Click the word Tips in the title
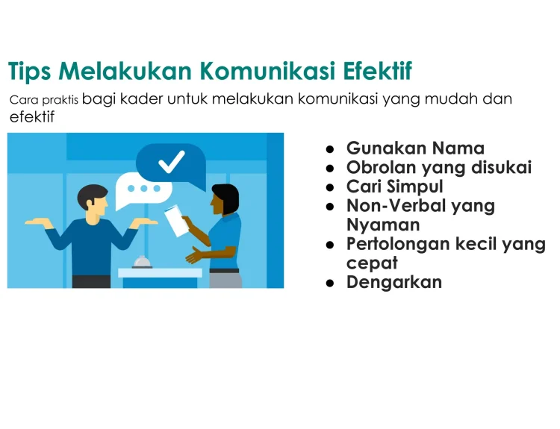29,71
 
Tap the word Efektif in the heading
378,71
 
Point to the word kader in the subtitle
141,98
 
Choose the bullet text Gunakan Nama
415,148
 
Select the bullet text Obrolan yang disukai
439,167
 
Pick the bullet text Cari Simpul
395,187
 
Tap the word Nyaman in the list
383,225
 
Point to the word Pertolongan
398,245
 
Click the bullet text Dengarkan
394,282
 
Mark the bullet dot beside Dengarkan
330,284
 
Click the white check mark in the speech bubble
172,162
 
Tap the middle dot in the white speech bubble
144,189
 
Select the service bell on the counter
143,263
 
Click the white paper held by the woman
176,221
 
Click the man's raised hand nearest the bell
143,222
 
